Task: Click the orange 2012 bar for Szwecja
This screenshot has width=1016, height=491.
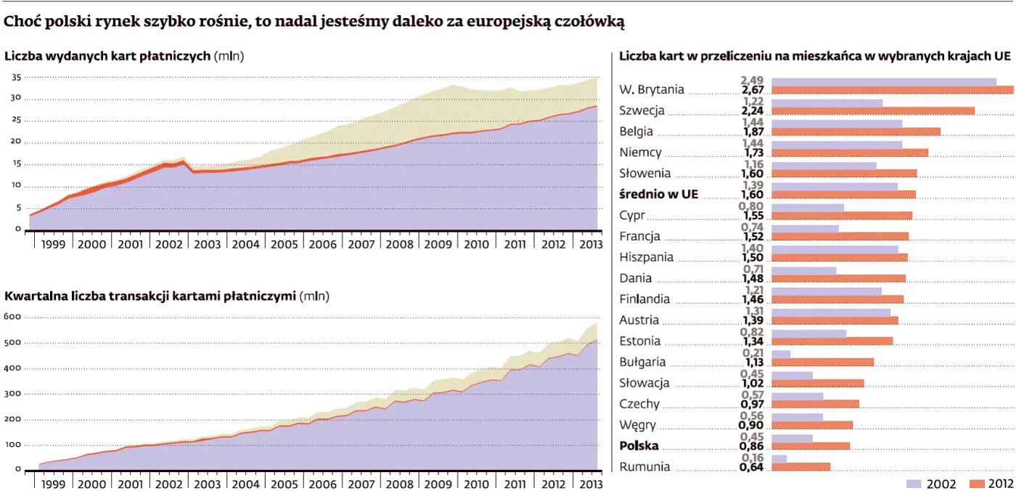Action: [x=872, y=111]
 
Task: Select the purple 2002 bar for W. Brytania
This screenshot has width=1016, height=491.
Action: [x=883, y=81]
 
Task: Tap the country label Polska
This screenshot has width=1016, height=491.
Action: [x=639, y=447]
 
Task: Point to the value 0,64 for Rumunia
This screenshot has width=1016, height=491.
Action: [x=755, y=467]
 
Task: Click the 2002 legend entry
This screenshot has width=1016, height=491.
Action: [x=931, y=484]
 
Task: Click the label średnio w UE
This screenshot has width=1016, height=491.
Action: [x=658, y=194]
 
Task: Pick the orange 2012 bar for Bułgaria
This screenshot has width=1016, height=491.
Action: [x=822, y=362]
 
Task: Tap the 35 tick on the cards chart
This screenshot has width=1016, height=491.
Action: [x=16, y=76]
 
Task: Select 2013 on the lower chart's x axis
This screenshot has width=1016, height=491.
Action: [x=591, y=484]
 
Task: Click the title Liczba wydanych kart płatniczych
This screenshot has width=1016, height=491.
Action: [x=108, y=55]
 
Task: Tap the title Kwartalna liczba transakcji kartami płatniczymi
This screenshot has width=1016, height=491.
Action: [x=149, y=296]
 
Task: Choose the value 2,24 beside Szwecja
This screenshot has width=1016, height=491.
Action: [x=755, y=111]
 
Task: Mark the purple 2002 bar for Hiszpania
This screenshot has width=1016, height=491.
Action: [x=835, y=249]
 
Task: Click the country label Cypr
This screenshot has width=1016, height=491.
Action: [x=631, y=215]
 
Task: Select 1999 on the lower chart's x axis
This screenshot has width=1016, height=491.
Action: [x=53, y=484]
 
